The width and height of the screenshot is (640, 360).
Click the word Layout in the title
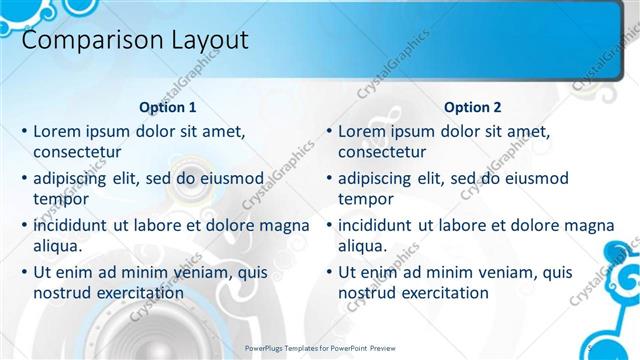200,41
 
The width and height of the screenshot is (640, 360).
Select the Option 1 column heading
166,107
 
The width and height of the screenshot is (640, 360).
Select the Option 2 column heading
472,107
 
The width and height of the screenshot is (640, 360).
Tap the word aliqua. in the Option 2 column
363,246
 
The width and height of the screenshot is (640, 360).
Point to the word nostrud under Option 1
63,293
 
